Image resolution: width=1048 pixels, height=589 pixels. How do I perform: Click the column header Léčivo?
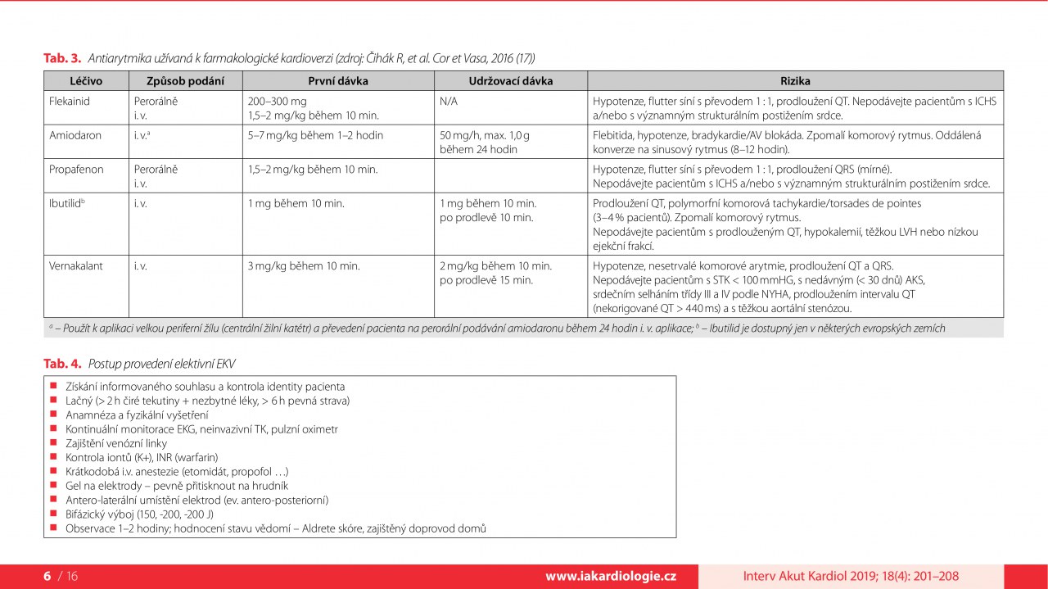[x=86, y=81]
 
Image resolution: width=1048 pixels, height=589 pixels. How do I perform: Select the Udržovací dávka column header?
[x=510, y=81]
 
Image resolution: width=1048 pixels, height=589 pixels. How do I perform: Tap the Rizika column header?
[x=795, y=81]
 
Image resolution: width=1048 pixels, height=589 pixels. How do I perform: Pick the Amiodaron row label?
[x=75, y=135]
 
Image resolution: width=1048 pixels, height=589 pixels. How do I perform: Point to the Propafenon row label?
[x=76, y=169]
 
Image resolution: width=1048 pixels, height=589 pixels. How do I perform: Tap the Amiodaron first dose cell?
[x=315, y=135]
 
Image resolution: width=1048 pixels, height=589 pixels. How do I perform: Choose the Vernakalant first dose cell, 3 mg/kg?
[x=304, y=265]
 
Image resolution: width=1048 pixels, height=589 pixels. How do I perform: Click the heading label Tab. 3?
[x=62, y=58]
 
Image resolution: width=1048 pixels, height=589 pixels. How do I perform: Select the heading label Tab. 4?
[x=62, y=363]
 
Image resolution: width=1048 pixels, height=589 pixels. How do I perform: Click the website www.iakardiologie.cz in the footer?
[x=611, y=576]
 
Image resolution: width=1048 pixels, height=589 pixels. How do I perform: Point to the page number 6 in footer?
[x=47, y=576]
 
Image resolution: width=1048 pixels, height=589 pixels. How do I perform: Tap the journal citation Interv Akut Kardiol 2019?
[x=851, y=576]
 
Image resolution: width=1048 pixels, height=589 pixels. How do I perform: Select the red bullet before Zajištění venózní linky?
[x=52, y=442]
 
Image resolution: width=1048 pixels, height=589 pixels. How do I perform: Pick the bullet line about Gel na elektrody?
[x=176, y=485]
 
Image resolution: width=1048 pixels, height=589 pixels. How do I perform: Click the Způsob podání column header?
[x=183, y=81]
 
